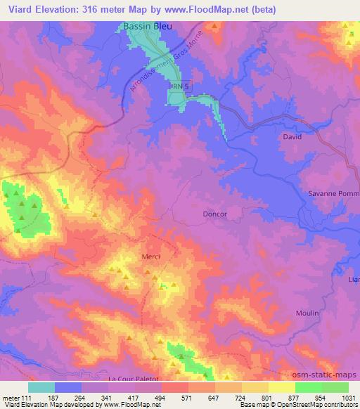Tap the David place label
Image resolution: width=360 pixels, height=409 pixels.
tap(292, 136)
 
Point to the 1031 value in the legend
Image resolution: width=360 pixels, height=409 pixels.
tap(348, 397)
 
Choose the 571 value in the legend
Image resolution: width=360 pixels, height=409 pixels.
tap(188, 397)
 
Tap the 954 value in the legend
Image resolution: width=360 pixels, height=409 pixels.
tap(321, 397)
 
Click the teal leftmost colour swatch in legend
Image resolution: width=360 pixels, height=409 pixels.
tap(41, 387)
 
